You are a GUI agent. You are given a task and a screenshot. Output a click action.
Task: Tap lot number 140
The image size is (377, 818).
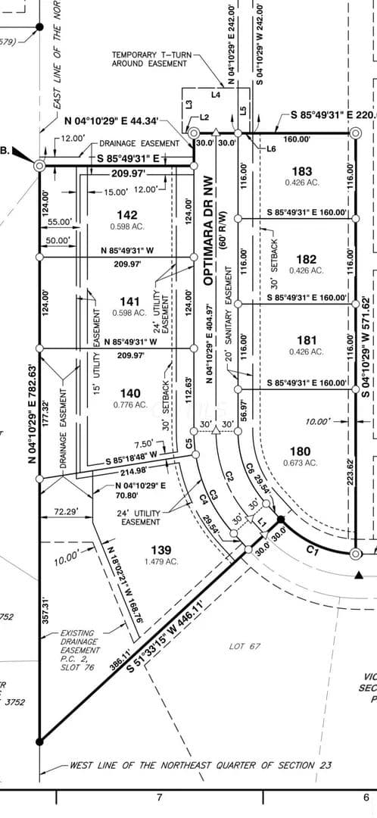coord(131,393)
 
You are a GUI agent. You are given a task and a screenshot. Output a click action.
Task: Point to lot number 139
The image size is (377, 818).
coord(160,550)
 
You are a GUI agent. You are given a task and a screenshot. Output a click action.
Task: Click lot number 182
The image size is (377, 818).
coord(306,259)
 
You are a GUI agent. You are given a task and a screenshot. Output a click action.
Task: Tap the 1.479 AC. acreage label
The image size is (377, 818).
coord(160,561)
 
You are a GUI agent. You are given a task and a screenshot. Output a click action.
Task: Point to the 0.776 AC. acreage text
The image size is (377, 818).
coord(131,404)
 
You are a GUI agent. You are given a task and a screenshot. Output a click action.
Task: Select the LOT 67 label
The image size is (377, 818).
coord(245,646)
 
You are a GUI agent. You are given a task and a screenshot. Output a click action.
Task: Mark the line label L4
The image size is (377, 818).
coord(216,95)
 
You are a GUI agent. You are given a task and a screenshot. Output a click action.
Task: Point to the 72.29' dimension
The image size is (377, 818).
coord(67,512)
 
